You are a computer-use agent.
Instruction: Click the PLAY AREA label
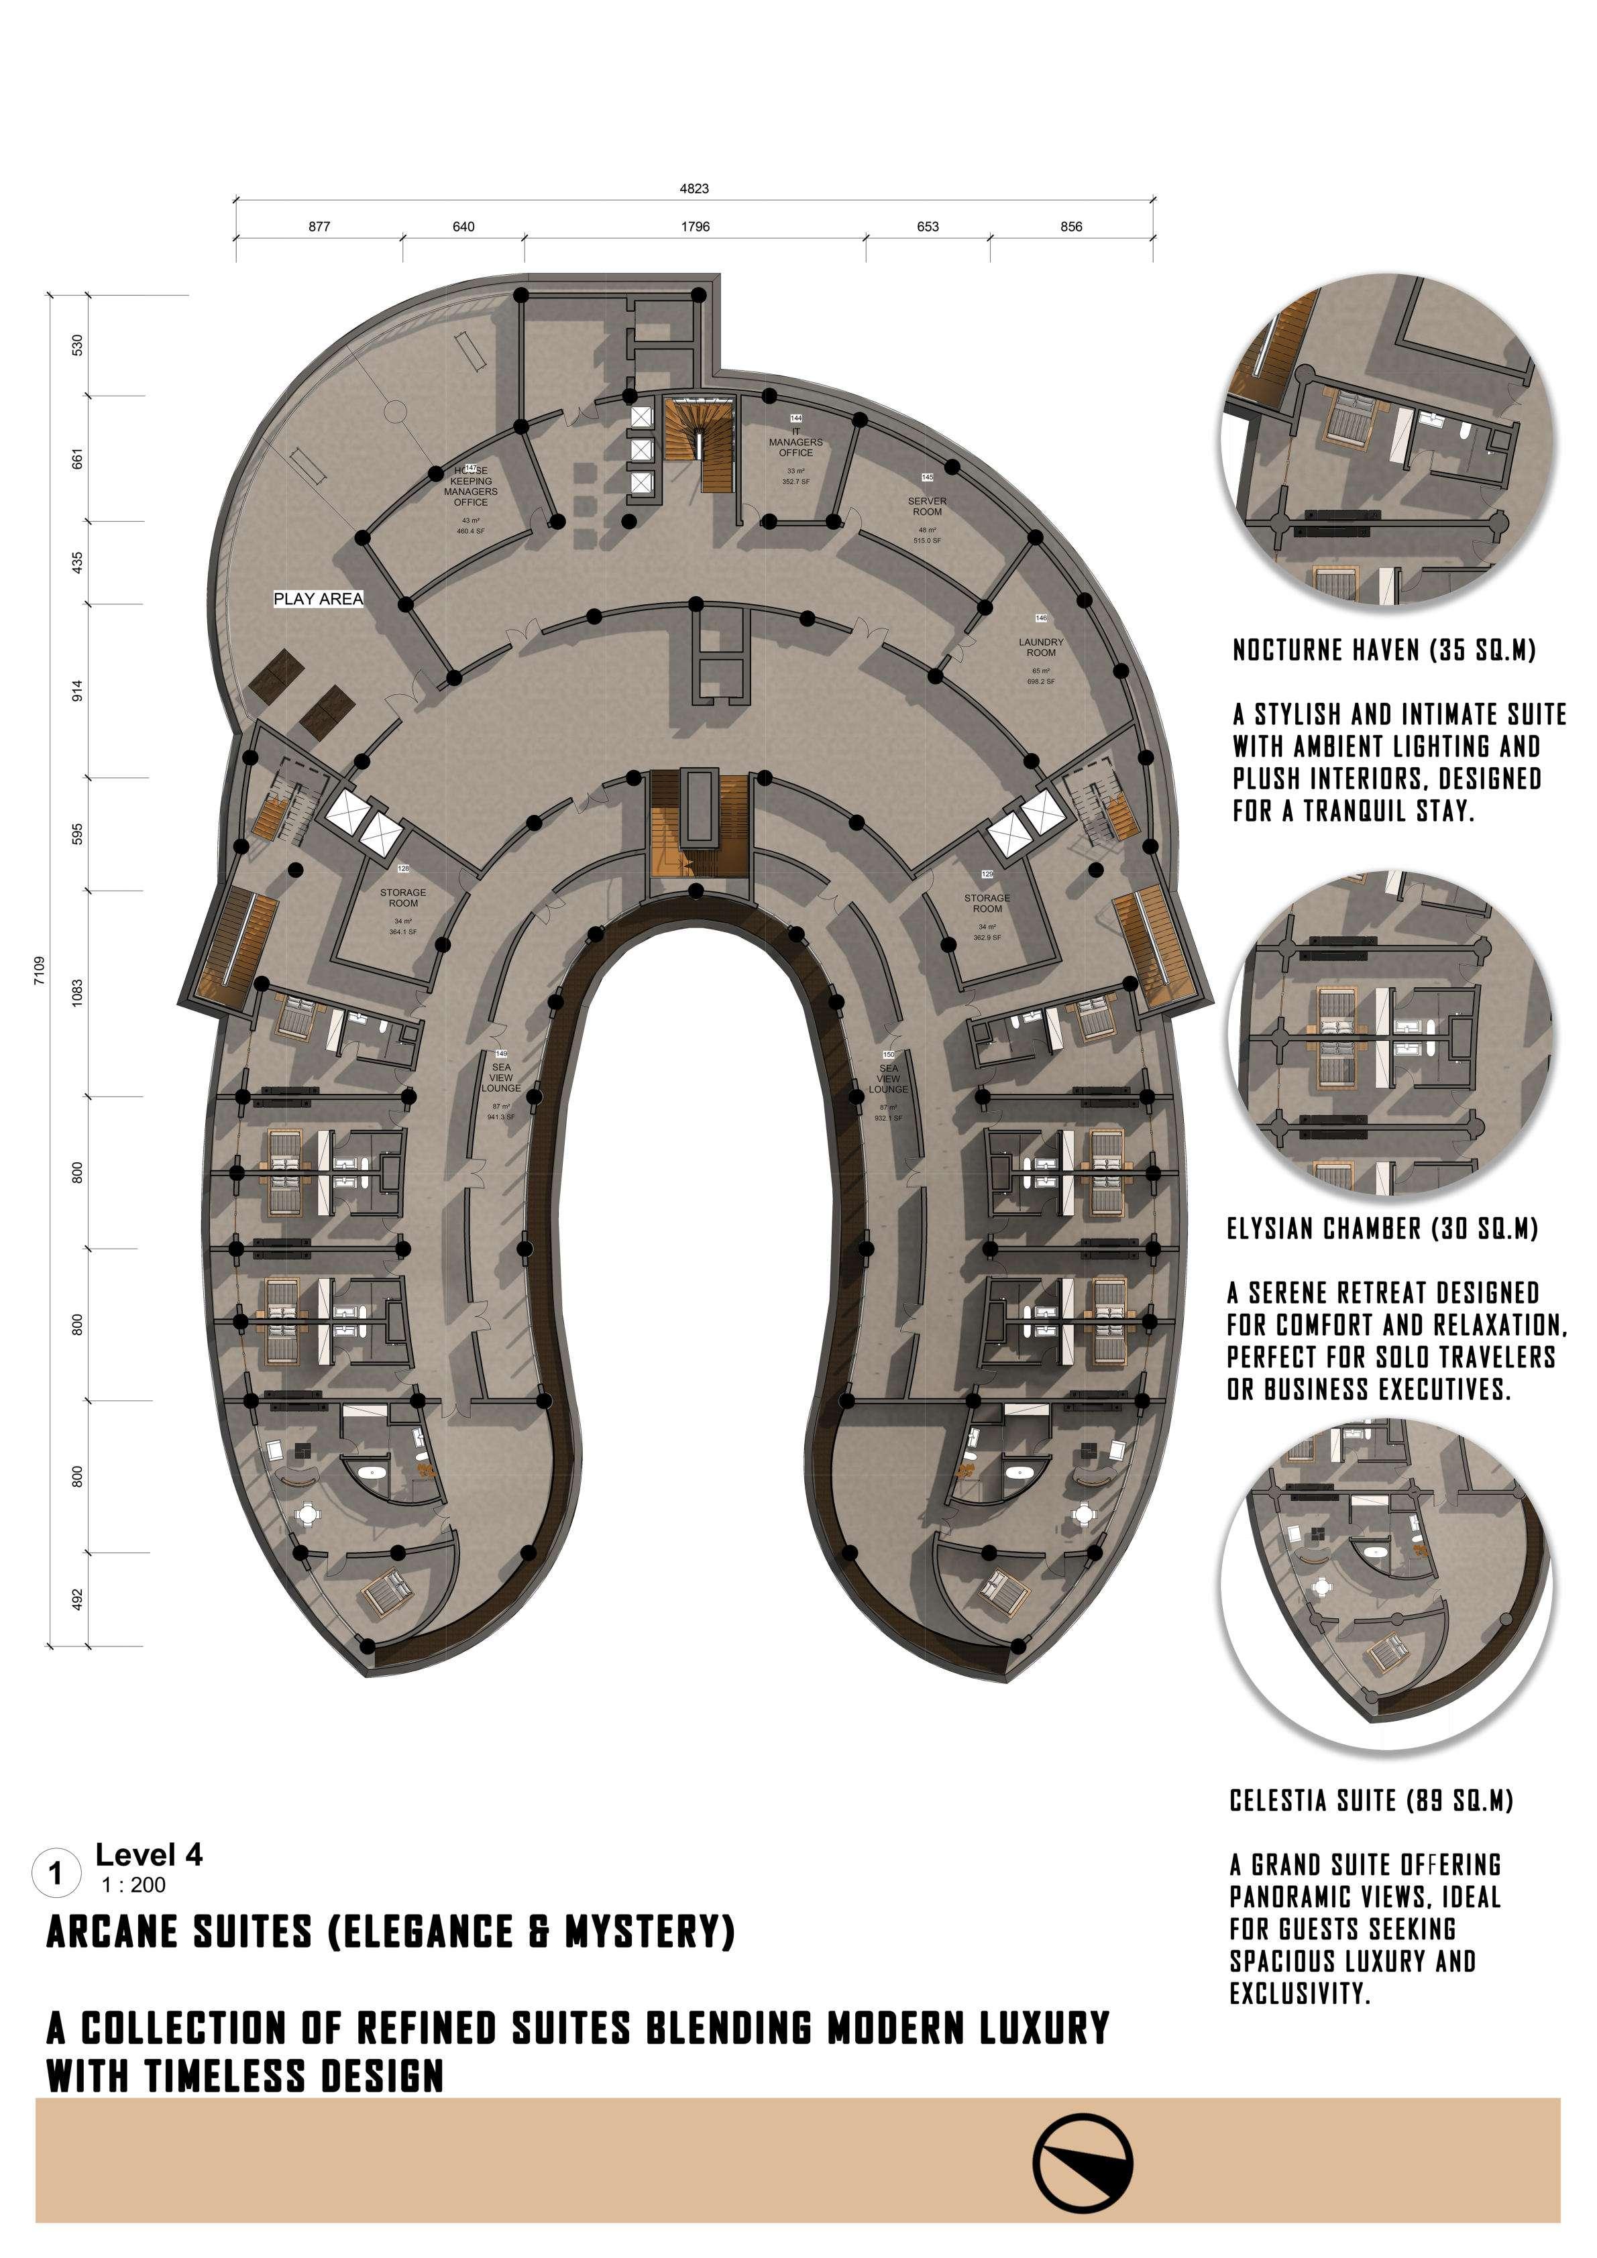point(318,598)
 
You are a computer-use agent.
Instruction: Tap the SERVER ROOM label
point(926,506)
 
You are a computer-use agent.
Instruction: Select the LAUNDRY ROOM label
point(1040,647)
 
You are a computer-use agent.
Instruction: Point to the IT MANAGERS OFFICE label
point(795,443)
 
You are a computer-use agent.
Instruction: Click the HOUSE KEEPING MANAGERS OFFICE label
point(470,487)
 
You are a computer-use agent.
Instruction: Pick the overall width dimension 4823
point(694,188)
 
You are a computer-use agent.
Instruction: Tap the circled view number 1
point(56,1874)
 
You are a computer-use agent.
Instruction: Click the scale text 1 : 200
point(133,1885)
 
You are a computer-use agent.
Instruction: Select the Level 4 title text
point(148,1855)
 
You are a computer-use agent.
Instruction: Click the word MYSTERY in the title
point(649,1933)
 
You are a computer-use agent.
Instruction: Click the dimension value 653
point(928,226)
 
